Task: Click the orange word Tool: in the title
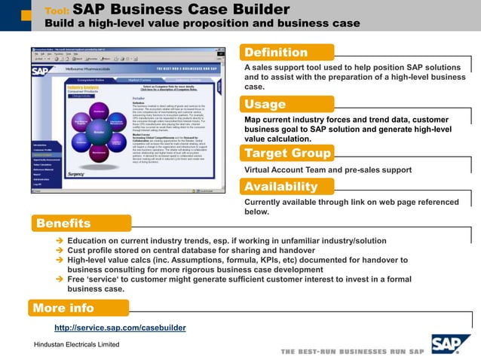[x=57, y=11]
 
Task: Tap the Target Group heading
[x=287, y=154]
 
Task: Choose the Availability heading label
[x=281, y=187]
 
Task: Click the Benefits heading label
[x=63, y=223]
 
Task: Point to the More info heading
[x=65, y=308]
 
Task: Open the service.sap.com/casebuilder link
[x=120, y=328]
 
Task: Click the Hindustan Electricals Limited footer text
[x=72, y=344]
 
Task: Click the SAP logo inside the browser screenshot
[x=41, y=72]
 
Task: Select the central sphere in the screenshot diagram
[x=98, y=130]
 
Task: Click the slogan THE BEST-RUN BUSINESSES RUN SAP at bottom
[x=352, y=351]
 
